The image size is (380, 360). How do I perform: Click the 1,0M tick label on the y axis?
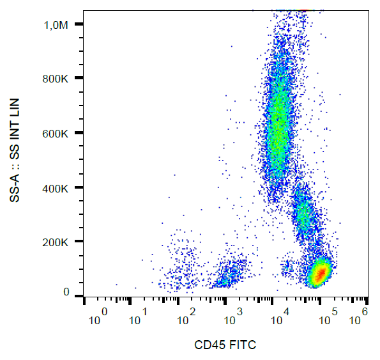tap(54, 24)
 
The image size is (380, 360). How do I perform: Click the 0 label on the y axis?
tap(66, 292)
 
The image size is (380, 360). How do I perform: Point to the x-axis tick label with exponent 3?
tap(234, 316)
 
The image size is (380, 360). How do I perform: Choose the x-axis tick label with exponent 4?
tap(281, 316)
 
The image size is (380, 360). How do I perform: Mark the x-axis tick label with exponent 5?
tap(330, 316)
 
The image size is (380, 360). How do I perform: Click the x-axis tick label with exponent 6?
tap(360, 316)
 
